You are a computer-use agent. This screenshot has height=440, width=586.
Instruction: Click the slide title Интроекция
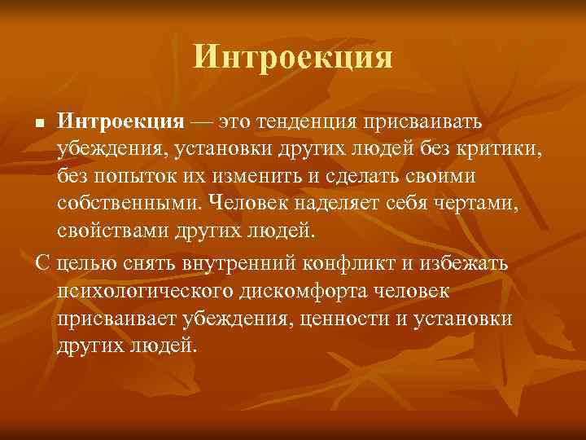pyautogui.click(x=293, y=57)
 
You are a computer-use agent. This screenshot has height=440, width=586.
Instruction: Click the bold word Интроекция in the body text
pyautogui.click(x=122, y=122)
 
